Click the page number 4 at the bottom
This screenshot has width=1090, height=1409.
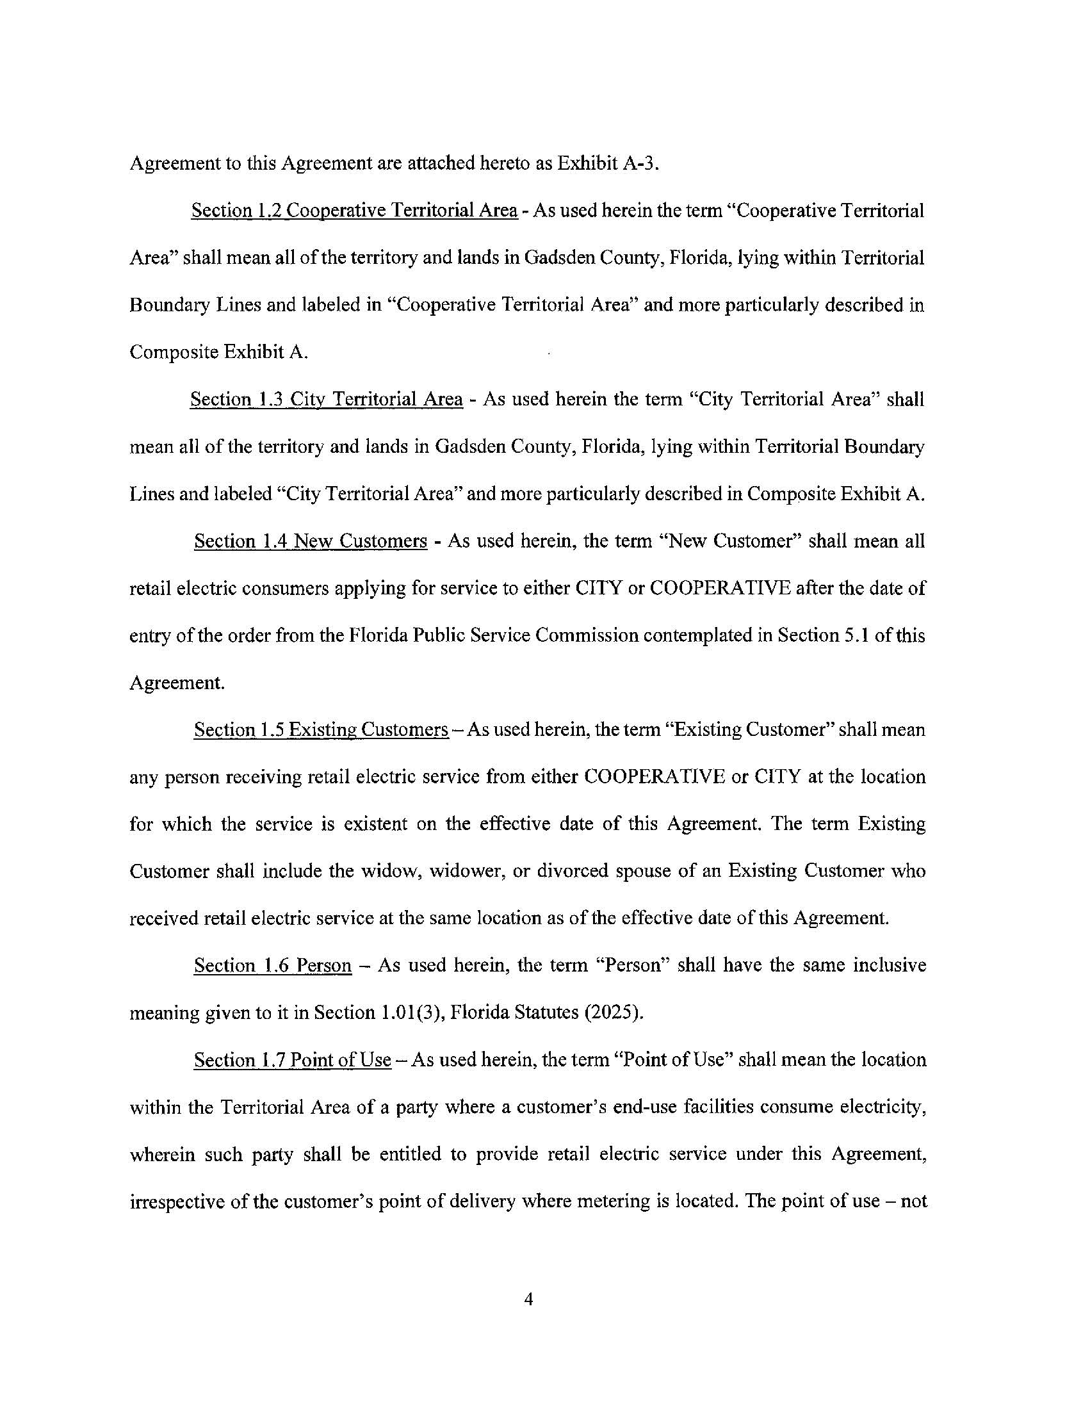528,1299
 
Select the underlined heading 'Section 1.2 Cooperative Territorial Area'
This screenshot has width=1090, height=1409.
354,211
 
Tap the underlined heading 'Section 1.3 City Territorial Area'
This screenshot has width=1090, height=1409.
327,400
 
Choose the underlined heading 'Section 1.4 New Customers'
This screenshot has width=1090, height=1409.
310,541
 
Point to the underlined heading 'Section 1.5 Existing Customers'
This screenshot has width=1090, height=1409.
321,729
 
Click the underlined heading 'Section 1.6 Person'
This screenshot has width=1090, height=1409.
273,965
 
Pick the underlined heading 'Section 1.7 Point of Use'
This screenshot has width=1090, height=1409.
292,1060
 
